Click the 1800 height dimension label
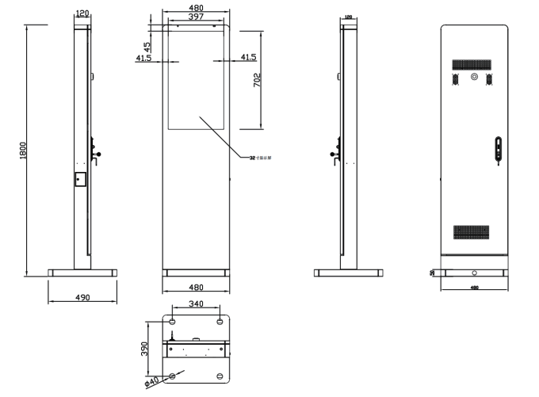pyautogui.click(x=24, y=151)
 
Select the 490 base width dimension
pyautogui.click(x=82, y=297)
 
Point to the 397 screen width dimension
pyautogui.click(x=197, y=17)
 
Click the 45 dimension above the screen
pyautogui.click(x=147, y=47)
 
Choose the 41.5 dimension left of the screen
pyautogui.click(x=144, y=57)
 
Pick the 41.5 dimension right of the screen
pyautogui.click(x=248, y=57)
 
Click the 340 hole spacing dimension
pyautogui.click(x=196, y=304)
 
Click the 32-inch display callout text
pyautogui.click(x=262, y=157)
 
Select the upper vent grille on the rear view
pyautogui.click(x=474, y=63)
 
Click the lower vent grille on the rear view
pyautogui.click(x=474, y=232)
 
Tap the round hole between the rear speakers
pyautogui.click(x=474, y=78)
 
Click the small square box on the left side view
pyautogui.click(x=79, y=178)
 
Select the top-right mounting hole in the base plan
pyautogui.click(x=220, y=321)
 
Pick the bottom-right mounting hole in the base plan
pyautogui.click(x=220, y=376)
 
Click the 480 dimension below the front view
pyautogui.click(x=196, y=288)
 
